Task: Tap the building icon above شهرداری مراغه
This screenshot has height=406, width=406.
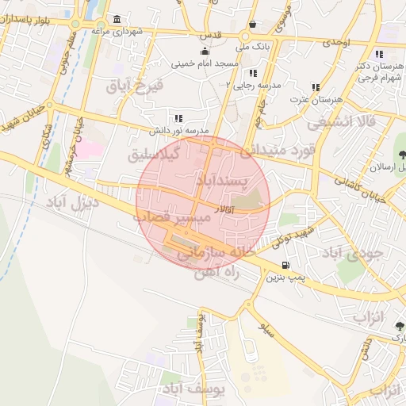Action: (x=117, y=19)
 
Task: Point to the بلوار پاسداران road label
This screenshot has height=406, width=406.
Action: (x=36, y=17)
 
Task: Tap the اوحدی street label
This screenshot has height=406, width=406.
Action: (x=336, y=40)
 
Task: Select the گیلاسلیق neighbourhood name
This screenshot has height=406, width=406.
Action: (x=154, y=155)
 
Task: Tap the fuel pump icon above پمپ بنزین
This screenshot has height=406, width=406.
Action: (x=285, y=265)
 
